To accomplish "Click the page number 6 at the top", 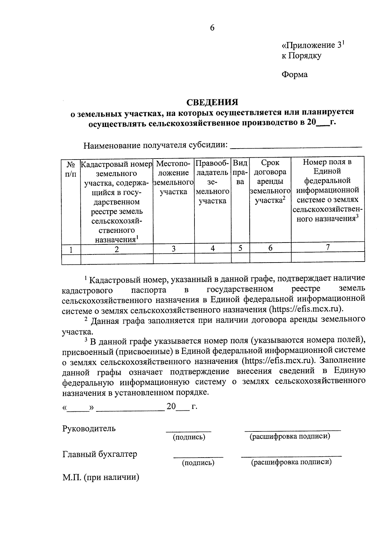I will coord(212,28).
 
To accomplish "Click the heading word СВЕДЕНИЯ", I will coord(212,102).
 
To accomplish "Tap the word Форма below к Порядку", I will coord(294,75).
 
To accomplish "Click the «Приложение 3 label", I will coord(313,45).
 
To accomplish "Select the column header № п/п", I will coord(71,169).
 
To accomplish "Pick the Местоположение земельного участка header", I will coord(174,177).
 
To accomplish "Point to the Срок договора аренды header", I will coord(270,181).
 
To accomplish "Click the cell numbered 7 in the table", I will coord(328,247).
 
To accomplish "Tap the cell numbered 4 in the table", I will coord(213,248).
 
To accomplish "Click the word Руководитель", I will coord(89,429).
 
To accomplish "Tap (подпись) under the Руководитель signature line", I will coord(189,437).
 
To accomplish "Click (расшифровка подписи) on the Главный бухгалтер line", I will coord(291,462).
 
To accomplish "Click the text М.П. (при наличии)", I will coord(101,478).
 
